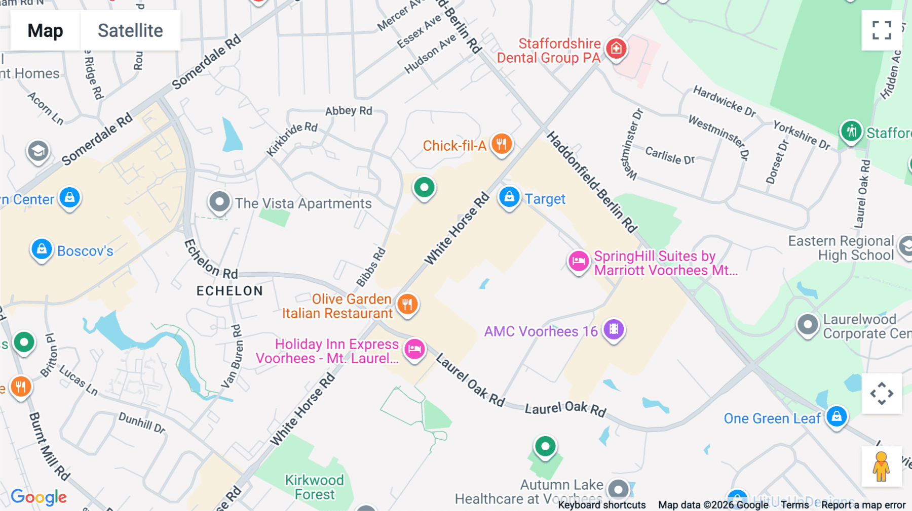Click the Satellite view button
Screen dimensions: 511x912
(x=130, y=30)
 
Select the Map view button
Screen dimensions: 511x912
(x=45, y=30)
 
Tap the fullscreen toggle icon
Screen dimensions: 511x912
(x=882, y=30)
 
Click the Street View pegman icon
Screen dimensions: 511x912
(x=881, y=466)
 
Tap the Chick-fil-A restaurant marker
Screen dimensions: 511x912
(x=501, y=144)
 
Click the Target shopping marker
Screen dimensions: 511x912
(x=509, y=197)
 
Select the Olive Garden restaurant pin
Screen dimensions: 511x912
(x=407, y=305)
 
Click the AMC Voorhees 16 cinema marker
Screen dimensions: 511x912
(x=614, y=330)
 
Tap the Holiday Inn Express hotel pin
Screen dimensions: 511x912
(x=414, y=349)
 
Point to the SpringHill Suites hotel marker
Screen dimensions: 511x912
(x=578, y=262)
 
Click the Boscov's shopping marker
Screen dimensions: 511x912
(x=42, y=249)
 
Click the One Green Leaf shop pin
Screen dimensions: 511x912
(x=837, y=417)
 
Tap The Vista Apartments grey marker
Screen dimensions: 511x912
(x=219, y=202)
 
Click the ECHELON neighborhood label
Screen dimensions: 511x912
(x=230, y=291)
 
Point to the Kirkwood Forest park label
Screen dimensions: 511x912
(x=314, y=487)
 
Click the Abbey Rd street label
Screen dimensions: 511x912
(x=349, y=111)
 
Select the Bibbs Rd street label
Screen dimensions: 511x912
(x=371, y=267)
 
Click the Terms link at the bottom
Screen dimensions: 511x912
(x=794, y=504)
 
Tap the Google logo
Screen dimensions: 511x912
(x=39, y=497)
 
